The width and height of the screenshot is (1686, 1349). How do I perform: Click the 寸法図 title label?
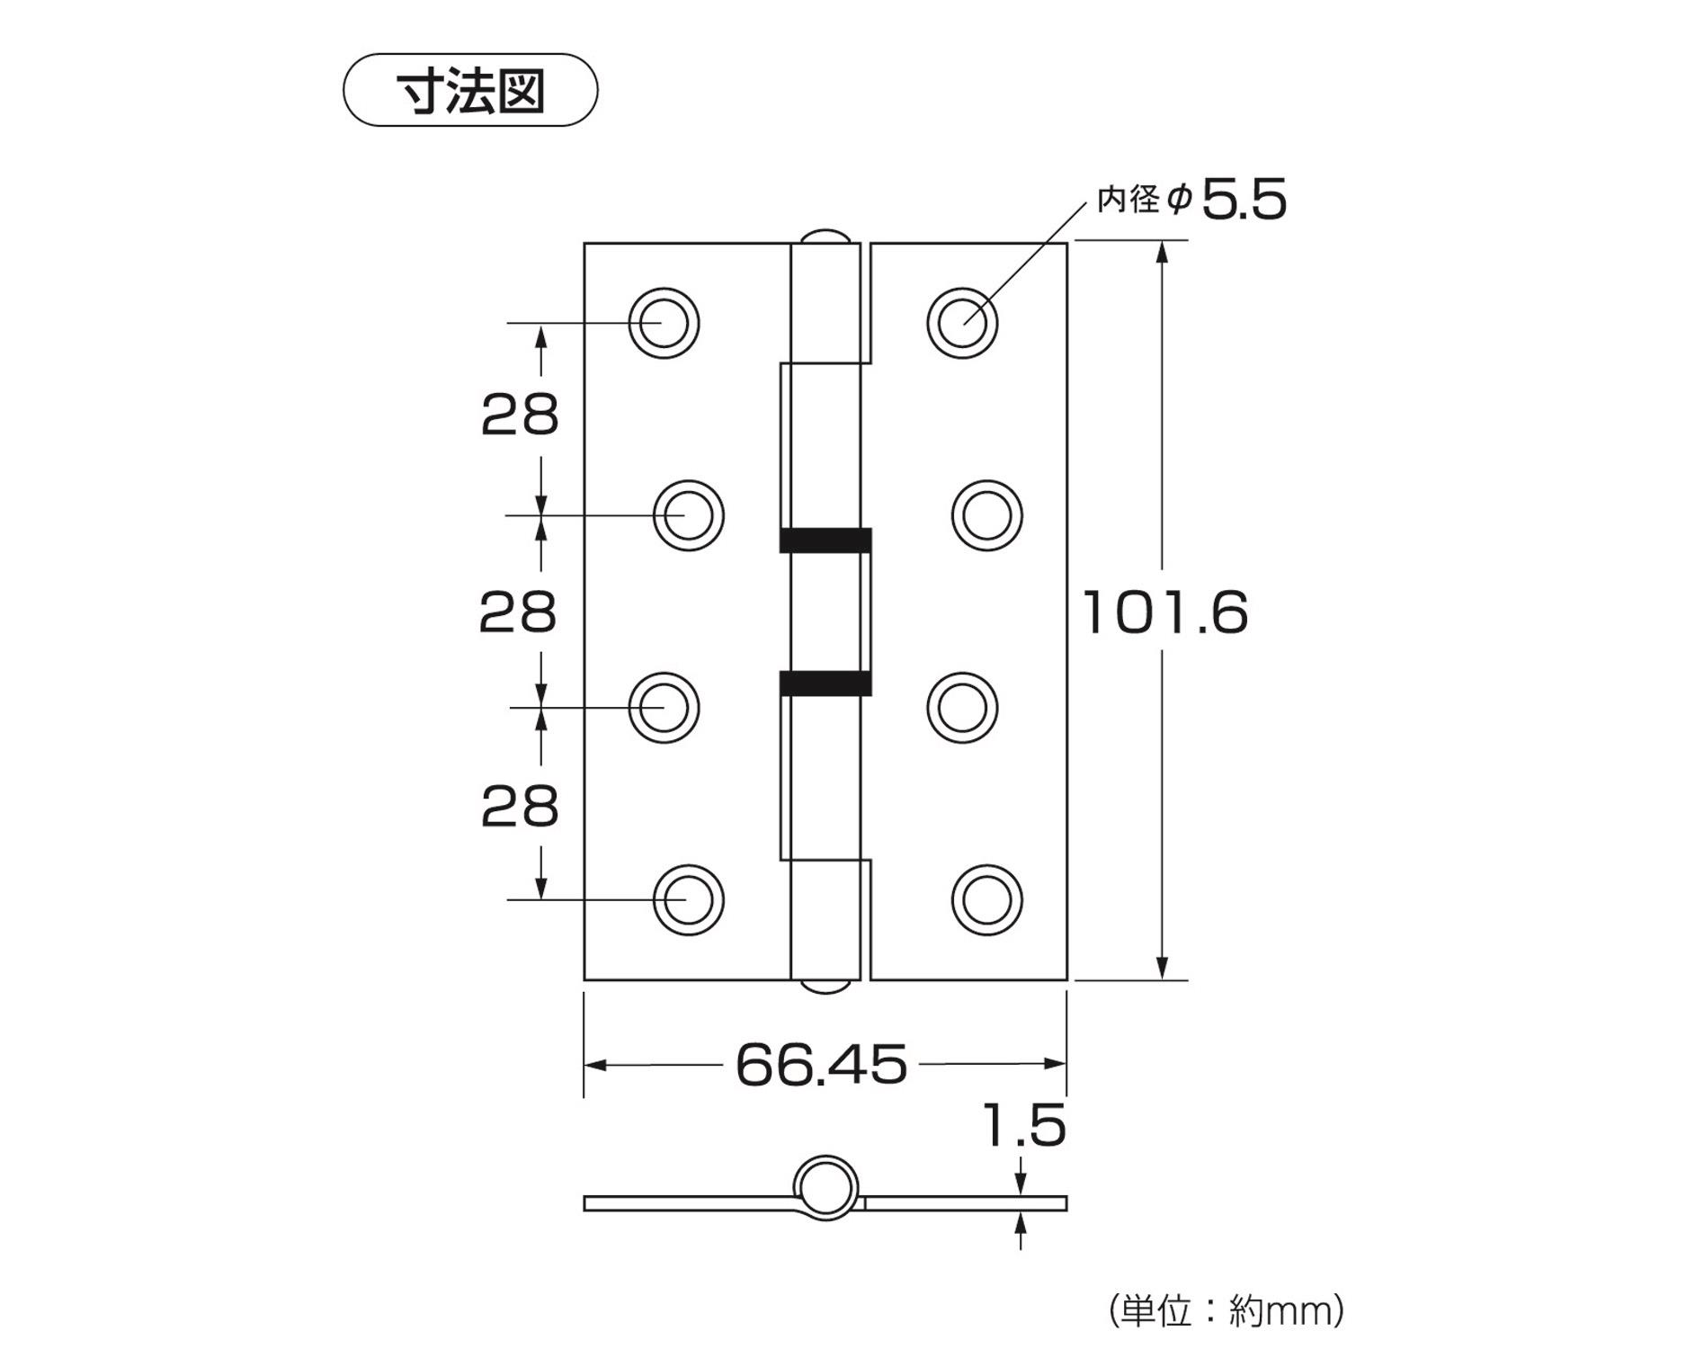470,91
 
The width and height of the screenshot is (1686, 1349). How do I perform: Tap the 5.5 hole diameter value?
1244,200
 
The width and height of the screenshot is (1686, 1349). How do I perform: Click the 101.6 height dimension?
1165,613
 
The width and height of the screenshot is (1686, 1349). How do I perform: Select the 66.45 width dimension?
821,1065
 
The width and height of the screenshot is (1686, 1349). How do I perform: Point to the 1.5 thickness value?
1024,1126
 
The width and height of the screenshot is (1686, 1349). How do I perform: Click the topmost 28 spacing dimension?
520,416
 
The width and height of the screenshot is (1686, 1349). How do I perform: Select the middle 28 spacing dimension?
518,613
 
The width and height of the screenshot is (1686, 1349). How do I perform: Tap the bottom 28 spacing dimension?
520,807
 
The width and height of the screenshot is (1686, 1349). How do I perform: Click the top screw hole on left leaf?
664,323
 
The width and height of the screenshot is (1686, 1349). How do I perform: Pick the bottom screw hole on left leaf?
688,899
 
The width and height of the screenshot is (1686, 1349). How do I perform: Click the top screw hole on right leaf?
962,323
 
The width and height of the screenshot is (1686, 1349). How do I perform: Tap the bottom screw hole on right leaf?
986,899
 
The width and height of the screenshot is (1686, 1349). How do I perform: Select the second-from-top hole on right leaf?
986,515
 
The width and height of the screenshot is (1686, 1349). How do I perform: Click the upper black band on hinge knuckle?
825,540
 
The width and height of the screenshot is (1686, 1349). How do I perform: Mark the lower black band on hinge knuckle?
825,683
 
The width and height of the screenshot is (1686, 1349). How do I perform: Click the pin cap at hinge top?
824,236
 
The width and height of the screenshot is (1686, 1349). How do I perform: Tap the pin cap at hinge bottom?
824,987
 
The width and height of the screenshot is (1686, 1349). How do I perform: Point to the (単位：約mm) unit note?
1227,1310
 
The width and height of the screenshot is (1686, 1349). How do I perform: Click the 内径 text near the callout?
1128,200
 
